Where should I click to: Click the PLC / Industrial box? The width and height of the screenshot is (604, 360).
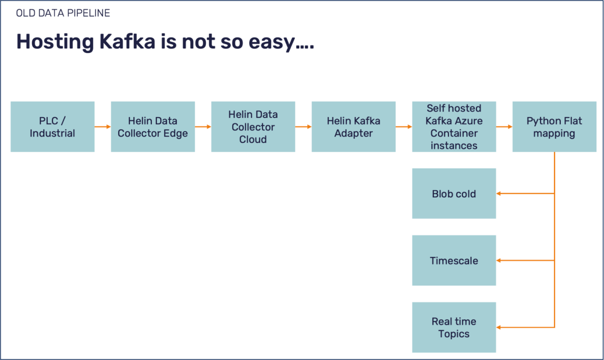(x=52, y=127)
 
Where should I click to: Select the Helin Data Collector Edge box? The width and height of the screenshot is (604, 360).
(x=153, y=127)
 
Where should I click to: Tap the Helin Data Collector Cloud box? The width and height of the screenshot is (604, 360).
(x=253, y=127)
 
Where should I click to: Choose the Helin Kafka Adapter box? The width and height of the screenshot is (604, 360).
(x=354, y=127)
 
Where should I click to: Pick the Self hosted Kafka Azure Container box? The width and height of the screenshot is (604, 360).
(x=454, y=127)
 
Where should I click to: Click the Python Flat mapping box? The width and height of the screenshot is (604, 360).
(x=554, y=127)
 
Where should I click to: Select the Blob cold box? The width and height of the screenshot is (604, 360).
(x=454, y=193)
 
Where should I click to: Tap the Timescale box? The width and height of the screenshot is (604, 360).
(x=454, y=260)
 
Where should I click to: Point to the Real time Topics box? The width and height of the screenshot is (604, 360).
(x=454, y=327)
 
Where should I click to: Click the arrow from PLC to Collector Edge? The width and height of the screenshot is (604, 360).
(x=103, y=127)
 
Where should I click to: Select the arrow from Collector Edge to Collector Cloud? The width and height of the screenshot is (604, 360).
(x=203, y=127)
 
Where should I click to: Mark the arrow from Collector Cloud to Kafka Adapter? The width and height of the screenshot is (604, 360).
(x=303, y=127)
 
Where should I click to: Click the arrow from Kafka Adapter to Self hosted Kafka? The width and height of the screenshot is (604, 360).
(x=404, y=127)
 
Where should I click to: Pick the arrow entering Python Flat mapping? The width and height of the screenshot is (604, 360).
(x=504, y=127)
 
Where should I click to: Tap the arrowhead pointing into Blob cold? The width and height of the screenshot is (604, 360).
(x=499, y=193)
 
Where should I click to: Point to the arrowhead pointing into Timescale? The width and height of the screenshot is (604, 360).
(x=499, y=260)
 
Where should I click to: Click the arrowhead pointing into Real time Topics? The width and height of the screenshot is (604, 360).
(x=499, y=327)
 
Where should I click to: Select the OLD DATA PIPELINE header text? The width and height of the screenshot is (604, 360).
(x=63, y=13)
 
